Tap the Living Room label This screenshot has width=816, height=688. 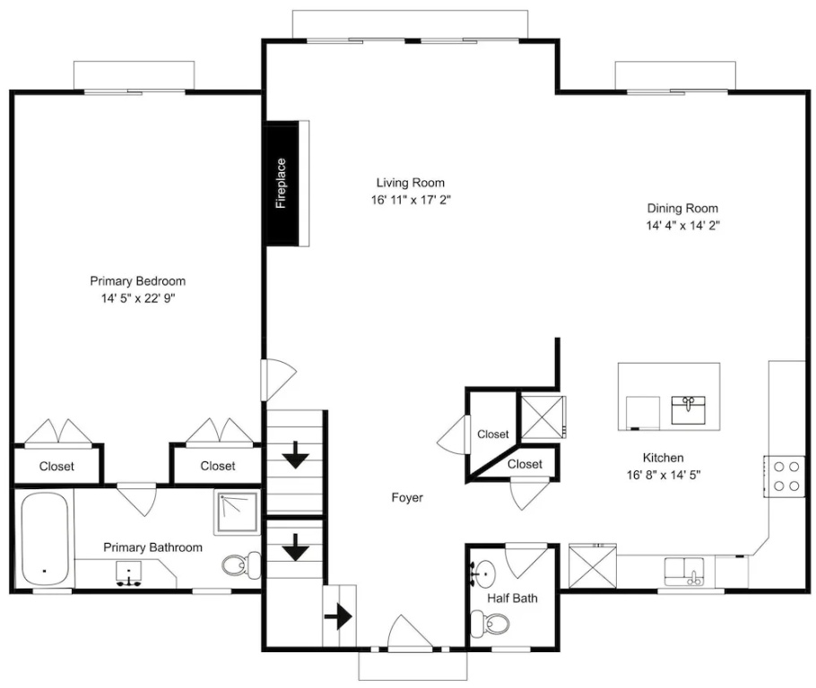[x=410, y=183]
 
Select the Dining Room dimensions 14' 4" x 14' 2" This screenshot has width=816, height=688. [x=682, y=225]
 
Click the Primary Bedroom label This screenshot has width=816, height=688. [x=138, y=281]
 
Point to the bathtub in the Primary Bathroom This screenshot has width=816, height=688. [x=45, y=539]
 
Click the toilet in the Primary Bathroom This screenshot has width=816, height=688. [x=241, y=564]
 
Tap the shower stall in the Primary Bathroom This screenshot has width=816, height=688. [x=238, y=512]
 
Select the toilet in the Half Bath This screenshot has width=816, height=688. [x=490, y=623]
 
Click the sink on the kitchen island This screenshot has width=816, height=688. [x=688, y=409]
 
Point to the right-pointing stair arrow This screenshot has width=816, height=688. [x=338, y=616]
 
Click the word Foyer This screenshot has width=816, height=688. [x=407, y=498]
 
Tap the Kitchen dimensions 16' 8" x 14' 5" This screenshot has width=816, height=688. [x=664, y=475]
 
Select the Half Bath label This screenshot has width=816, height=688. [x=512, y=598]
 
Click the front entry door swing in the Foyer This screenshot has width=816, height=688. [x=411, y=632]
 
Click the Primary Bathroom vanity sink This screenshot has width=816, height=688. [x=128, y=573]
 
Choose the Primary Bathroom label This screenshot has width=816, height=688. [x=152, y=547]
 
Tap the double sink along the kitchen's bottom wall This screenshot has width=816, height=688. [x=684, y=571]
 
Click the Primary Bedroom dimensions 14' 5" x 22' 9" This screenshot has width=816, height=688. [x=138, y=298]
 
